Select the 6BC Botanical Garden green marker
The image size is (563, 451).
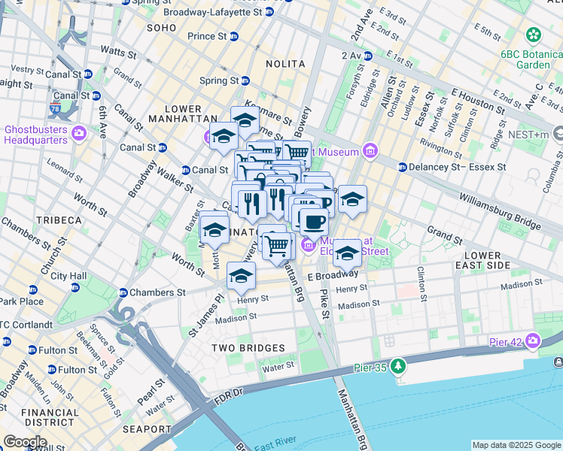[x=534, y=35]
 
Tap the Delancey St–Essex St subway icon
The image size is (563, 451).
[x=403, y=167]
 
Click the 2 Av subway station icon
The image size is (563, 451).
[x=367, y=56]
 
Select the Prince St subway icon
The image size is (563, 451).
[x=233, y=36]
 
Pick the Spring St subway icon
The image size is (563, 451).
[x=245, y=80]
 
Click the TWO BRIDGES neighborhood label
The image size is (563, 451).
[x=248, y=348]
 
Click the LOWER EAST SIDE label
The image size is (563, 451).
[x=498, y=261]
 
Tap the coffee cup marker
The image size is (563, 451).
[x=313, y=221]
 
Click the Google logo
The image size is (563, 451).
[x=24, y=442]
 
